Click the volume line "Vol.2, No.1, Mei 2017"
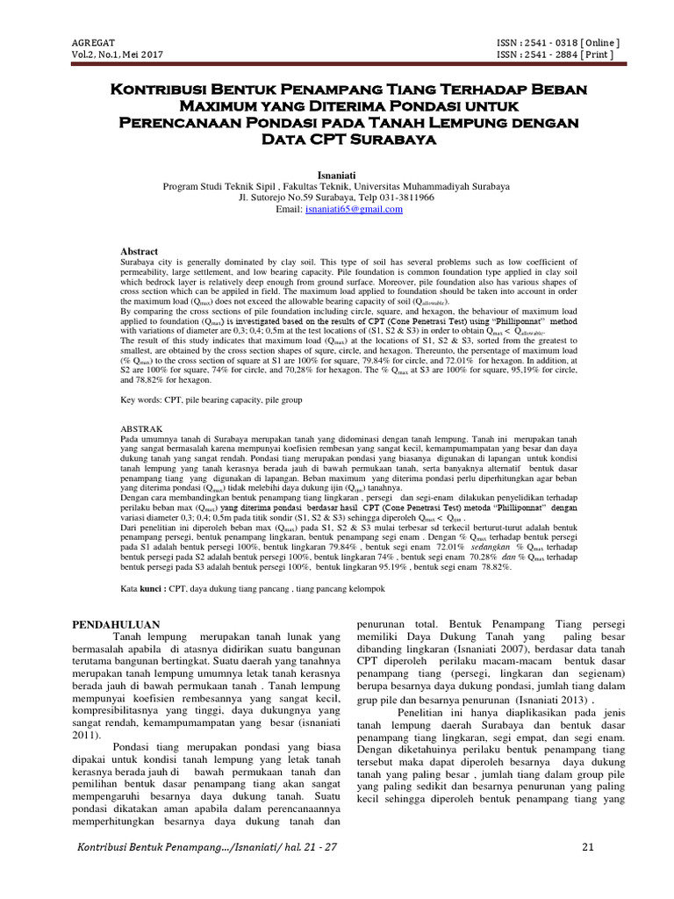117,54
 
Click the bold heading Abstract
139,250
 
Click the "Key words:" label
140,399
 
